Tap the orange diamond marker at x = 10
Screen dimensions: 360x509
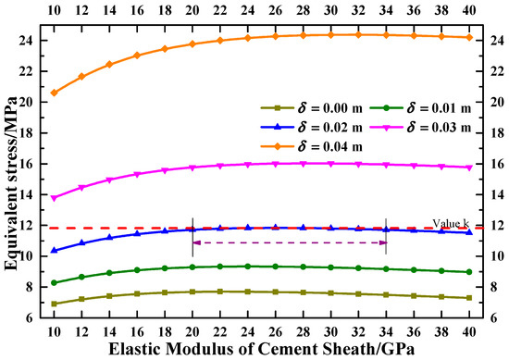(54, 93)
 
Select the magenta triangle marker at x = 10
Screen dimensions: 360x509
(54, 198)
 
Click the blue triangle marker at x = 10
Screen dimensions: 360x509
(54, 250)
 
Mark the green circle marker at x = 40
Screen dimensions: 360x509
(469, 272)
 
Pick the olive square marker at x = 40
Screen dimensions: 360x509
(469, 297)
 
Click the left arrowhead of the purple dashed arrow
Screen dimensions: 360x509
(195, 242)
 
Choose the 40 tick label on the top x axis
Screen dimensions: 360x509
(469, 8)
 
